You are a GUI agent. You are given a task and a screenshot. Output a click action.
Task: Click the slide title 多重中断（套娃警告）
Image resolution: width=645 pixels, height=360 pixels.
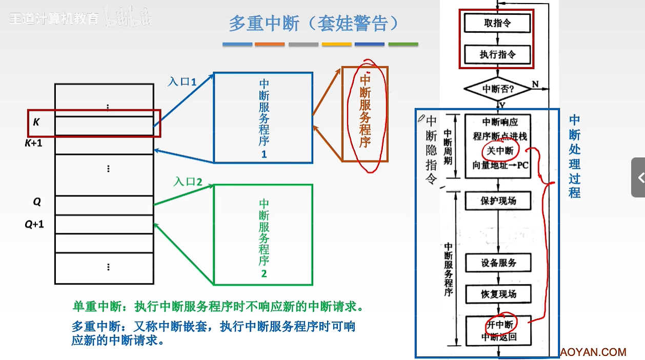(x=313, y=23)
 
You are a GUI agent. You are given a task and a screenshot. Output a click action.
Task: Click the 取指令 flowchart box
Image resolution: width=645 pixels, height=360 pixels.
(x=497, y=23)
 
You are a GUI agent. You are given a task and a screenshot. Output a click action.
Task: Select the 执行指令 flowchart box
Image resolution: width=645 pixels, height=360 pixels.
(x=497, y=54)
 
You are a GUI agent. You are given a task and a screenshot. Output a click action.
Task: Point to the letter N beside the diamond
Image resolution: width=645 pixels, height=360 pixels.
(x=535, y=84)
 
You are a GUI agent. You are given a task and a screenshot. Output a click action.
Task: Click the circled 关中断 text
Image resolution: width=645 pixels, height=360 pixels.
(x=500, y=151)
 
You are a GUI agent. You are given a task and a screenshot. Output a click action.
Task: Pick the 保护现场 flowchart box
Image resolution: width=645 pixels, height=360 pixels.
(x=498, y=201)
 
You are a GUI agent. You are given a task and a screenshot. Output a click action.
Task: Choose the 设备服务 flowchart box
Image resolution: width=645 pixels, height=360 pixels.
(x=498, y=263)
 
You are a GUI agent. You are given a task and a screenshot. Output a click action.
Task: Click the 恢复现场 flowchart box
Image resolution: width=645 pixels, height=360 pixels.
(x=498, y=294)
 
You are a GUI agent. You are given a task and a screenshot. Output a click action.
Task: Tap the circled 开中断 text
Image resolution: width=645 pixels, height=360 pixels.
(x=500, y=325)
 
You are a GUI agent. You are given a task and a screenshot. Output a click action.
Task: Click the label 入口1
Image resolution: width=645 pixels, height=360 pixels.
(x=182, y=81)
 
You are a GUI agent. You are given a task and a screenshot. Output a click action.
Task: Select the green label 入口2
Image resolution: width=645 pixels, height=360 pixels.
(x=188, y=182)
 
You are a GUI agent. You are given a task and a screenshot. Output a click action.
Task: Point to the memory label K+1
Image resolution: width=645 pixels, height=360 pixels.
(x=34, y=144)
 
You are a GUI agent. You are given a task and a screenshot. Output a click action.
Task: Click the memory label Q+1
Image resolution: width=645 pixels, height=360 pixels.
(x=34, y=224)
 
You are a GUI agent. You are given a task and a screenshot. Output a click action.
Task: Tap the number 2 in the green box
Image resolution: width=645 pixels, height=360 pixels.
(x=264, y=274)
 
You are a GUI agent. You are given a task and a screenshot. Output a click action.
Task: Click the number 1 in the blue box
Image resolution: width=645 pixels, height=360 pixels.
(x=264, y=154)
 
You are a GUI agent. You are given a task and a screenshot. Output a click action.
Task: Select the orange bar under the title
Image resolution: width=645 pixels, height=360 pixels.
(x=269, y=45)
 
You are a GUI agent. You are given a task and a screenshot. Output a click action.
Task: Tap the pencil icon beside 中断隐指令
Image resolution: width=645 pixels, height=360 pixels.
(x=421, y=118)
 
